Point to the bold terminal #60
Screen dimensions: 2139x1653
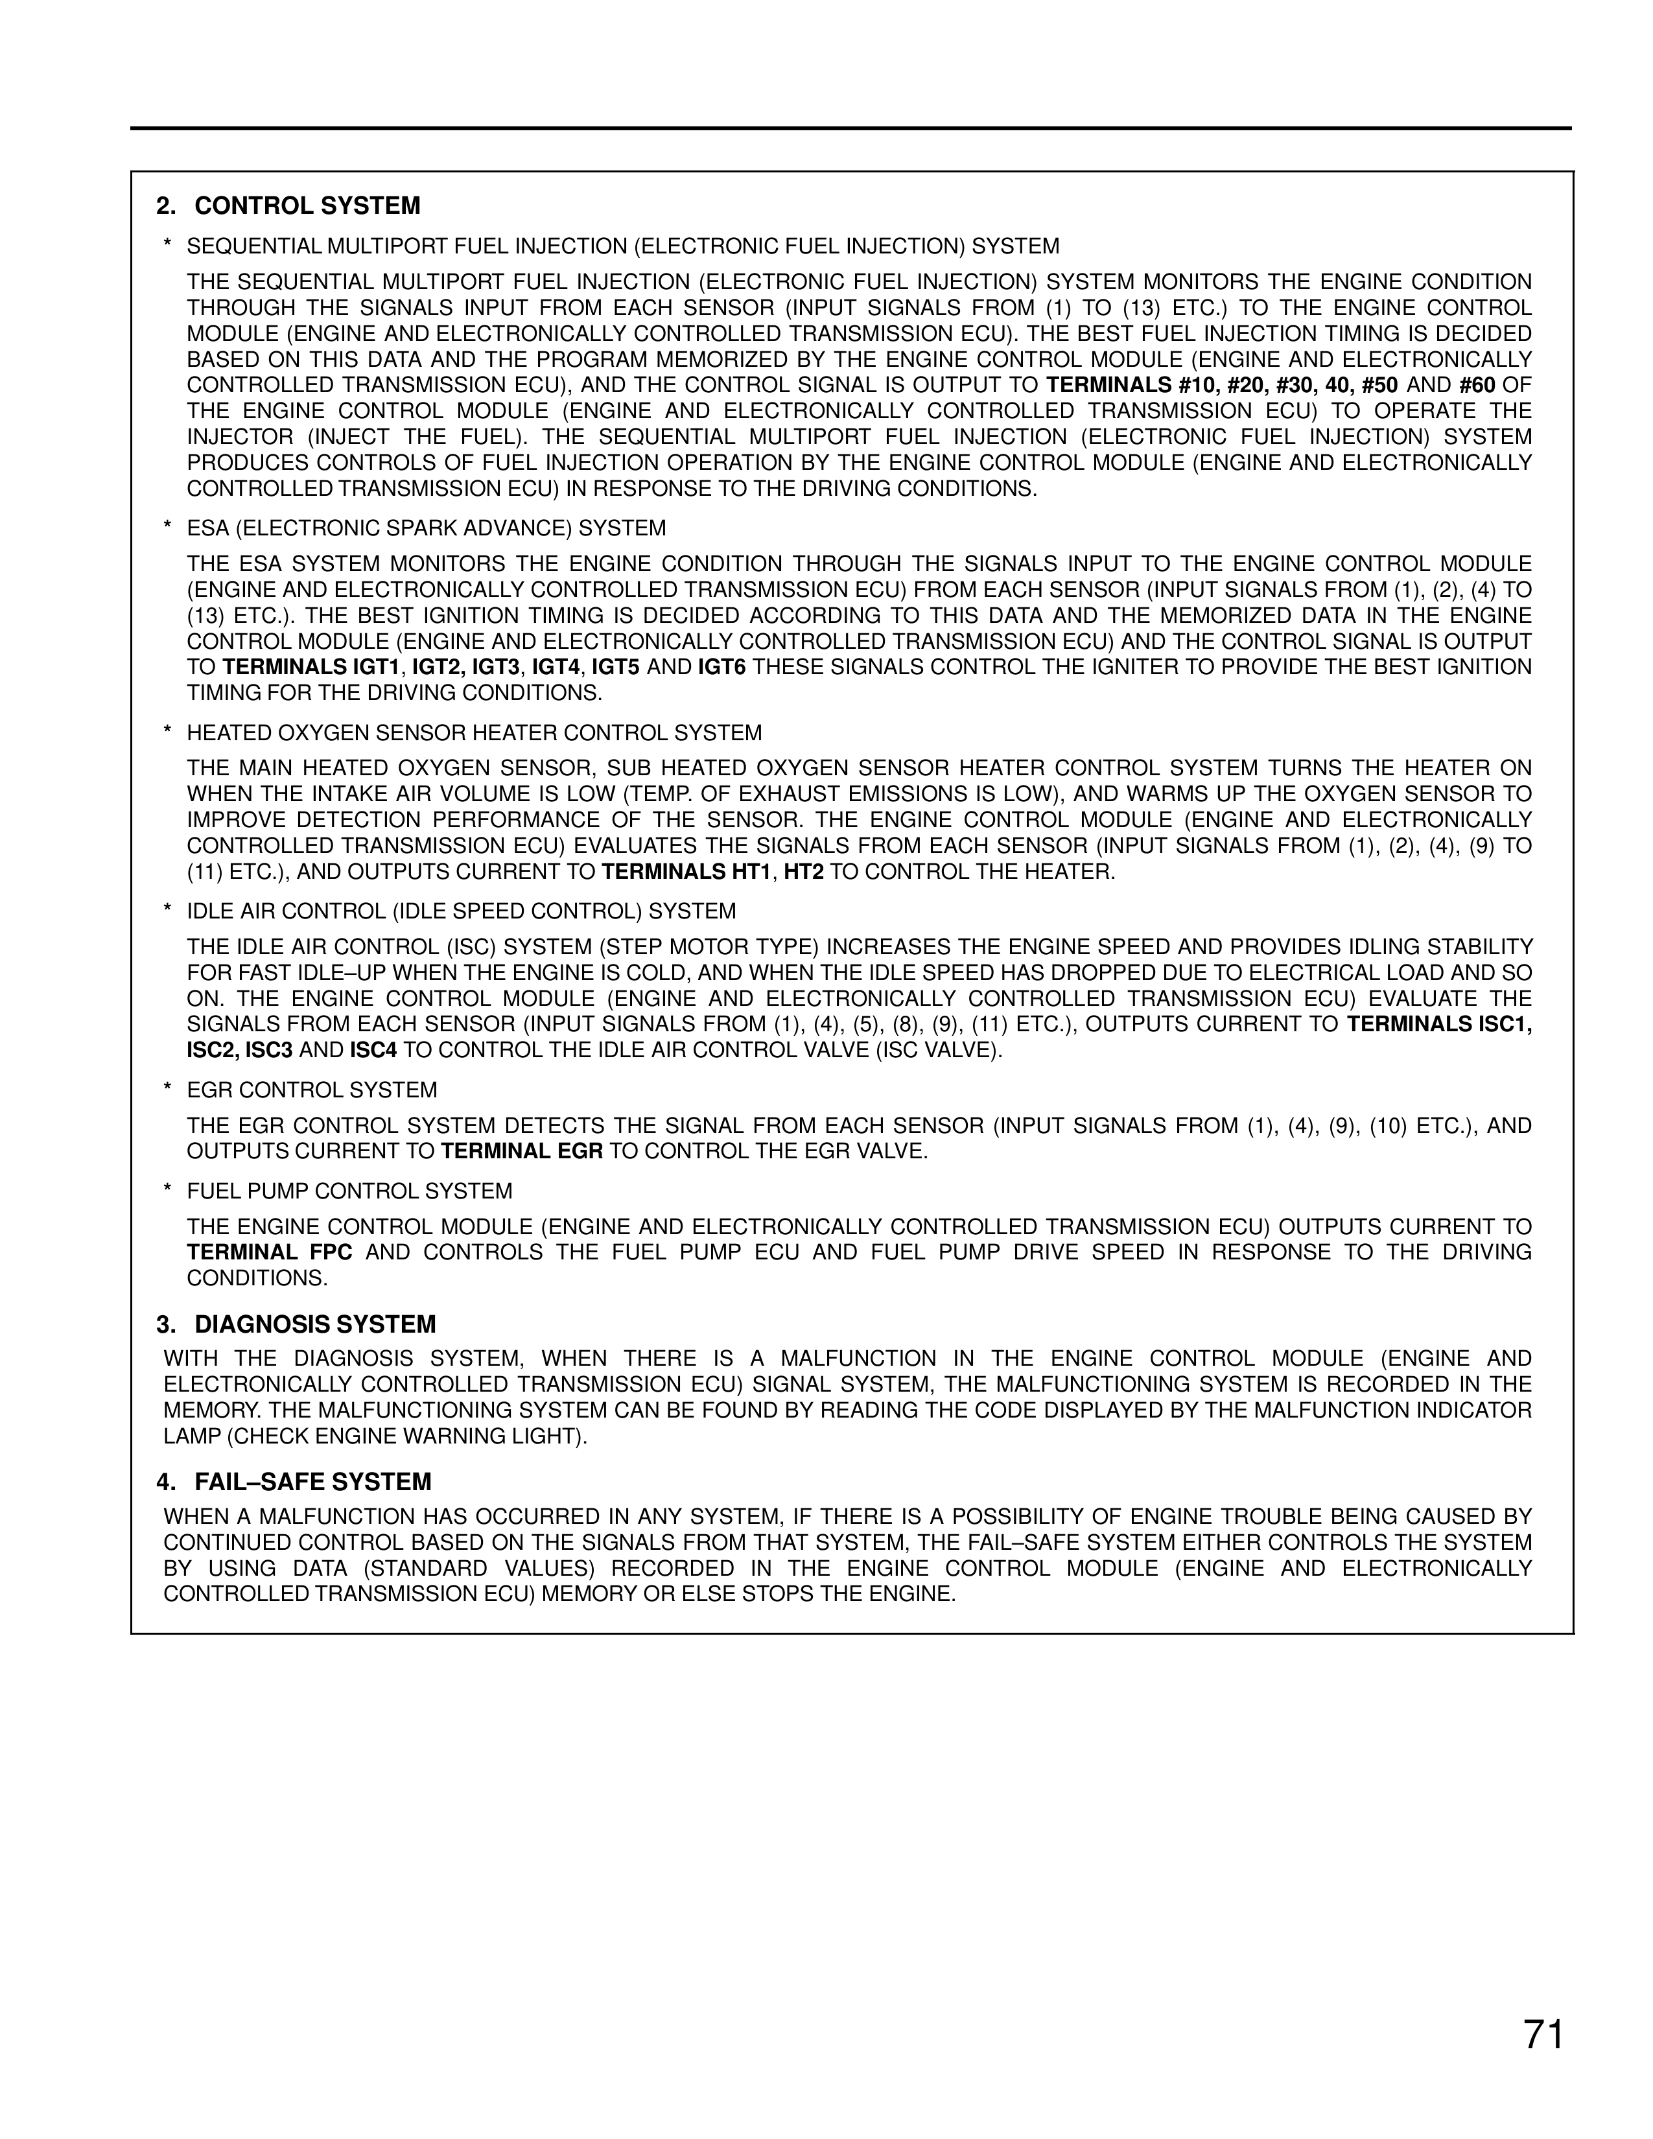1477,385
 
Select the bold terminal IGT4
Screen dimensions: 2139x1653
556,668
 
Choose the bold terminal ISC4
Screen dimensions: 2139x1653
374,1051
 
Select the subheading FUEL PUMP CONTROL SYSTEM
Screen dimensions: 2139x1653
349,1191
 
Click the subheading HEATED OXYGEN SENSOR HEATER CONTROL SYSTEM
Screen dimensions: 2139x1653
474,732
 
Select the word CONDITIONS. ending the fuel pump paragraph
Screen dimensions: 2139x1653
257,1278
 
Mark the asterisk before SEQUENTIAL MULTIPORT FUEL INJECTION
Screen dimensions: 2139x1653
169,246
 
